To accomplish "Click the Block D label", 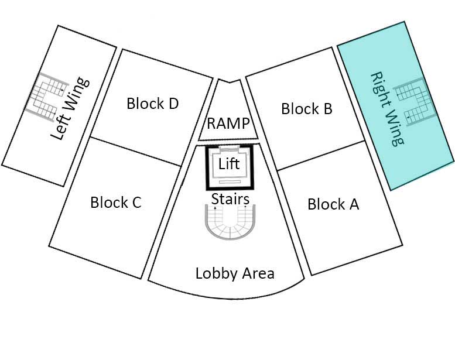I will pyautogui.click(x=152, y=104).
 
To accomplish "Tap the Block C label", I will pyautogui.click(x=115, y=203).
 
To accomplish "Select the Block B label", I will pyautogui.click(x=307, y=108).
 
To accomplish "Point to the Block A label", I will pyautogui.click(x=333, y=204).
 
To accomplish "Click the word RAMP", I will pyautogui.click(x=228, y=124).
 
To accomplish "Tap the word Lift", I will pyautogui.click(x=229, y=164).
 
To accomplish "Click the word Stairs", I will pyautogui.click(x=230, y=199).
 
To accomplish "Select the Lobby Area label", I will pyautogui.click(x=234, y=273).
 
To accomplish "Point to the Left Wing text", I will pyautogui.click(x=70, y=109).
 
